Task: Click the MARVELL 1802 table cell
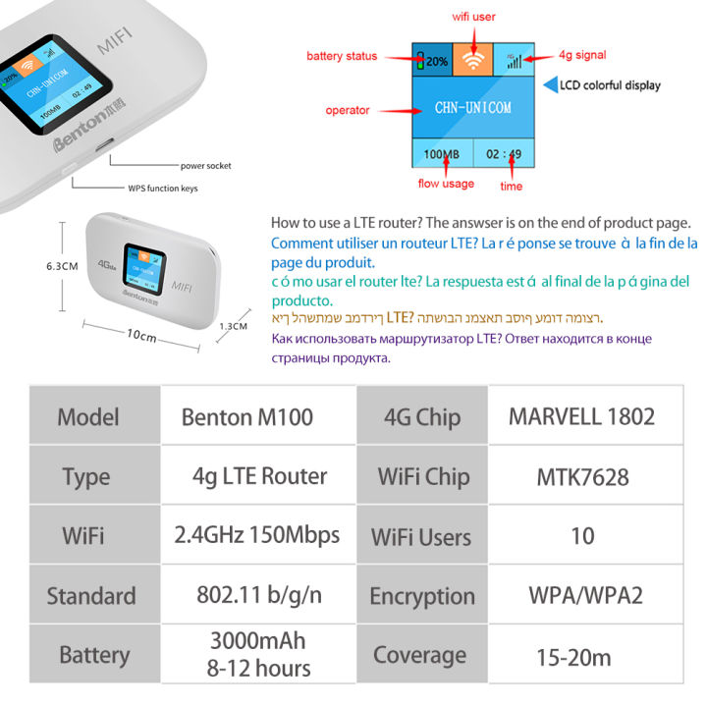(x=581, y=415)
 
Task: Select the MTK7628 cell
(x=582, y=476)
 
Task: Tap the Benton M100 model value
(x=246, y=416)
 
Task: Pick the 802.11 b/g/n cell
(x=258, y=595)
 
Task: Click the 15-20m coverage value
(x=573, y=656)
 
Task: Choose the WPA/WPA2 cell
(x=581, y=595)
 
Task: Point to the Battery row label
(x=93, y=655)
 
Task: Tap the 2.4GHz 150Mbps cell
(x=257, y=535)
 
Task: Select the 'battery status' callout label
(x=341, y=56)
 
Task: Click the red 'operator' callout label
(x=348, y=111)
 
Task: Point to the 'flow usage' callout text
(x=445, y=184)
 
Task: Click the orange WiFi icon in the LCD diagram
(x=473, y=59)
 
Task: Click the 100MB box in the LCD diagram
(x=441, y=154)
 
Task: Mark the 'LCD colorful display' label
(x=609, y=85)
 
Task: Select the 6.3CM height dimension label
(x=61, y=265)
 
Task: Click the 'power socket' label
(x=205, y=166)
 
